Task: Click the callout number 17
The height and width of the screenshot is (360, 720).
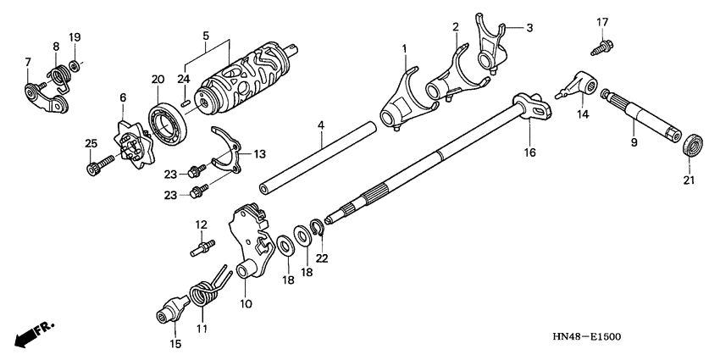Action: pos(602,21)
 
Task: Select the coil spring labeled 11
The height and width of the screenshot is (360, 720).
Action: pos(205,294)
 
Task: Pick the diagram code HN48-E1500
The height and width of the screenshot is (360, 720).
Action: pos(586,336)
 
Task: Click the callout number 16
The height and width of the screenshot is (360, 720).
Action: pos(529,153)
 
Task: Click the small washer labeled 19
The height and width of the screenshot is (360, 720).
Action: pos(74,65)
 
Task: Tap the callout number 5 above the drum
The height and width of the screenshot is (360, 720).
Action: pos(205,35)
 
